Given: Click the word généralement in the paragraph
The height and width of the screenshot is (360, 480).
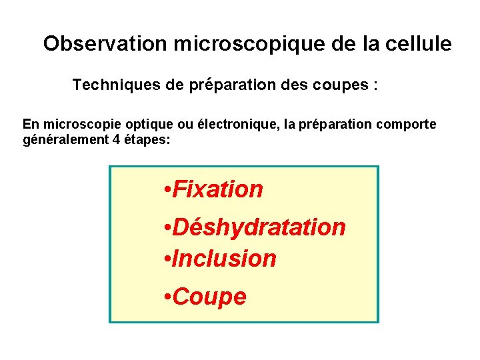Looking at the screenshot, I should (x=62, y=140).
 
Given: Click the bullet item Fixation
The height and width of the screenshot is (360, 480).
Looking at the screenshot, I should (x=217, y=189).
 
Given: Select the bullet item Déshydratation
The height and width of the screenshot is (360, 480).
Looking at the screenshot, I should (x=259, y=227).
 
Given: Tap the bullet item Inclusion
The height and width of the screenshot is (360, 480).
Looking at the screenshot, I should (x=224, y=258).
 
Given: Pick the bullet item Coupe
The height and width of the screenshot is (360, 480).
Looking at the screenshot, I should (x=209, y=297).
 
